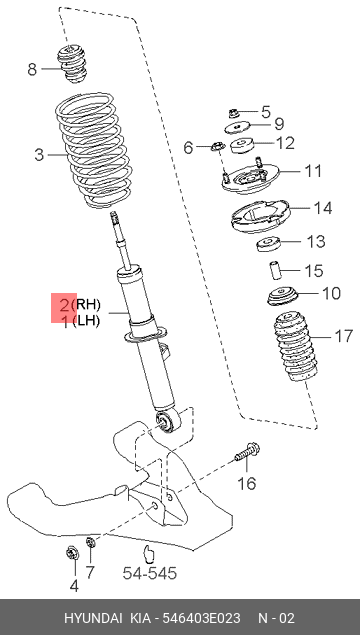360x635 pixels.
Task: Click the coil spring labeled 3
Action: click(94, 151)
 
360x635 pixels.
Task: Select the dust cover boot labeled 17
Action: click(294, 346)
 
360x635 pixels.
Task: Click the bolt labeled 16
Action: click(248, 453)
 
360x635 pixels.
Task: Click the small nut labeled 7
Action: click(90, 541)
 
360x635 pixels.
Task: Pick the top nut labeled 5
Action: click(234, 111)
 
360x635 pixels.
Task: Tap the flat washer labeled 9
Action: click(237, 127)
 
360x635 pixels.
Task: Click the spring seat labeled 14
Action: click(260, 217)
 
